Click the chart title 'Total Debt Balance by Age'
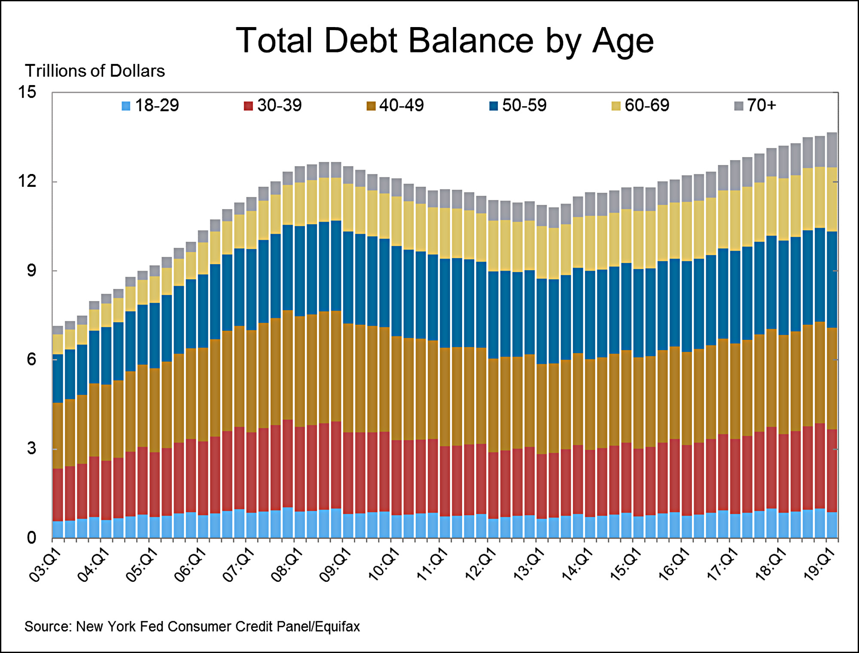coord(445,41)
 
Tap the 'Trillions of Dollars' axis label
coord(94,71)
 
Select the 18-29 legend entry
coord(150,105)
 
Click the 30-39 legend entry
coord(273,105)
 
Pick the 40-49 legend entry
coord(395,105)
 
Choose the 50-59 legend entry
coord(518,105)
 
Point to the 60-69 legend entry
coord(640,105)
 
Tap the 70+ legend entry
coord(755,105)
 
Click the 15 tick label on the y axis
coord(27,92)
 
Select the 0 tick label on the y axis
coord(31,537)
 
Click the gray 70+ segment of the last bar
coord(832,150)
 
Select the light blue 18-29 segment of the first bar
coord(58,529)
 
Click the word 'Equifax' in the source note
coord(338,627)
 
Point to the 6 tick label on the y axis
coord(31,359)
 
